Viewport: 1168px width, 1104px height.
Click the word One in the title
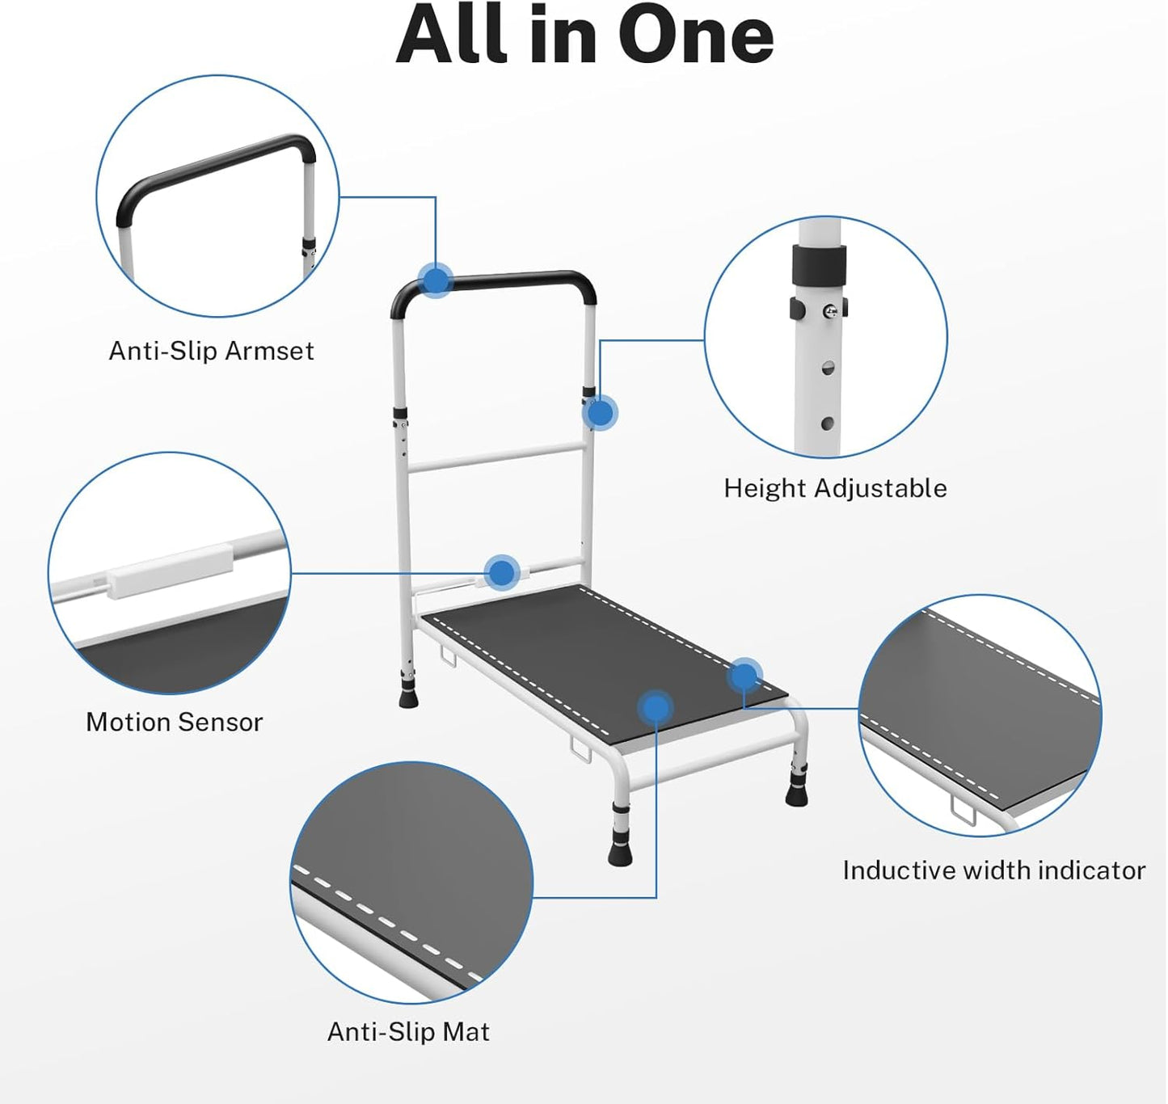(x=696, y=36)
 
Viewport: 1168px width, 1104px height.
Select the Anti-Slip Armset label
(x=212, y=351)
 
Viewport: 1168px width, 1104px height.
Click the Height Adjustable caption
(x=835, y=488)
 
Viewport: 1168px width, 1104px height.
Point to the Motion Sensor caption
(x=174, y=722)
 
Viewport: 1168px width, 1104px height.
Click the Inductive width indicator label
(x=994, y=870)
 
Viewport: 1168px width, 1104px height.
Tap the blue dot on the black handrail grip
(x=436, y=280)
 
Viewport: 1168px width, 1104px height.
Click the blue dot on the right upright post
(x=600, y=413)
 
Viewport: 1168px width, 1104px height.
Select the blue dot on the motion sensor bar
(x=502, y=572)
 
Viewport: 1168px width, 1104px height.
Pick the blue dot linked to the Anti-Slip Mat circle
(x=656, y=708)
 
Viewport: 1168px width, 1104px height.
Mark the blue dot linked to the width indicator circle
(x=744, y=676)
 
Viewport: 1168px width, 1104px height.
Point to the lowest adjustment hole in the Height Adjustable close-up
(x=827, y=424)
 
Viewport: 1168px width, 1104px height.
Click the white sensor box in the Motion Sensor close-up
(x=170, y=571)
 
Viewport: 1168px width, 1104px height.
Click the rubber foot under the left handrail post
(x=408, y=696)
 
